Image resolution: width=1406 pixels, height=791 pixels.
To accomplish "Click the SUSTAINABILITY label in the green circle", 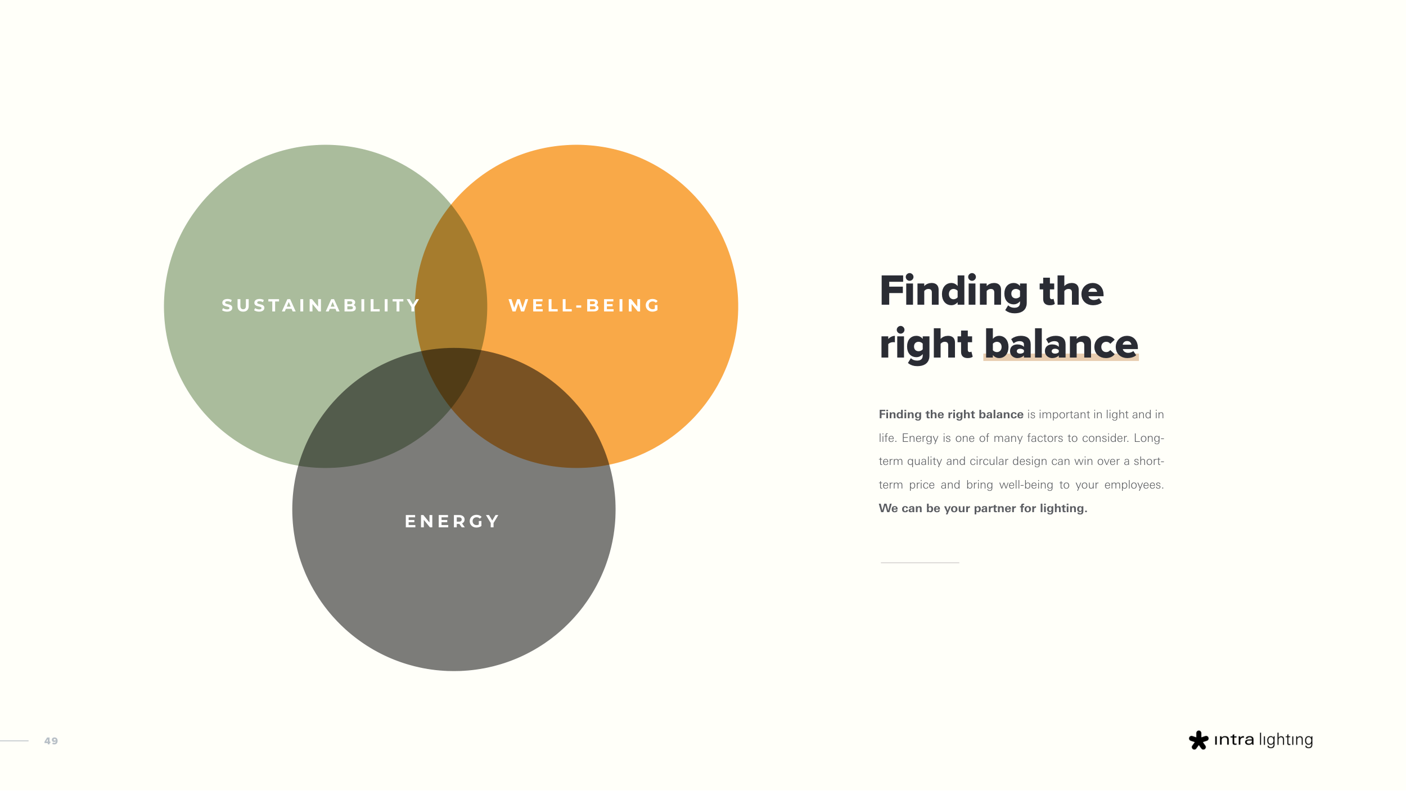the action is click(x=321, y=305).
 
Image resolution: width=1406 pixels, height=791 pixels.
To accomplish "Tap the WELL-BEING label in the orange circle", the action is click(x=584, y=305).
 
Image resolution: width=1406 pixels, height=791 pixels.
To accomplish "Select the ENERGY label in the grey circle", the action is click(x=452, y=521).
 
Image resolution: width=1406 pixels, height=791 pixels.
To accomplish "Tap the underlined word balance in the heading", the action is click(x=1061, y=343).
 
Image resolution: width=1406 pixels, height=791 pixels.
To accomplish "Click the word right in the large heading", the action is click(x=926, y=345).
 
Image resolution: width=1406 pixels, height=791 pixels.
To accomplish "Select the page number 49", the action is click(x=51, y=741).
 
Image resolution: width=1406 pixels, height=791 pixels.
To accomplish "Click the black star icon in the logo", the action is click(x=1198, y=740).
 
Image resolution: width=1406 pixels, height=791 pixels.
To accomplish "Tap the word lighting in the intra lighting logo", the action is click(x=1286, y=740).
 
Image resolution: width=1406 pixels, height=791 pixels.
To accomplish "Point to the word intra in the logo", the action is click(x=1234, y=740).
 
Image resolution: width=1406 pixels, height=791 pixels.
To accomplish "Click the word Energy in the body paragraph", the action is click(x=920, y=439).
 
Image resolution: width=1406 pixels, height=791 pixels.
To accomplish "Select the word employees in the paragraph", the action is click(x=1134, y=485).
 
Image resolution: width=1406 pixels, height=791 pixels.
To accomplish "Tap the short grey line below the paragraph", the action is click(x=920, y=563).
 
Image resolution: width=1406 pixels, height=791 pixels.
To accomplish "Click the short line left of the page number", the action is click(x=14, y=741).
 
